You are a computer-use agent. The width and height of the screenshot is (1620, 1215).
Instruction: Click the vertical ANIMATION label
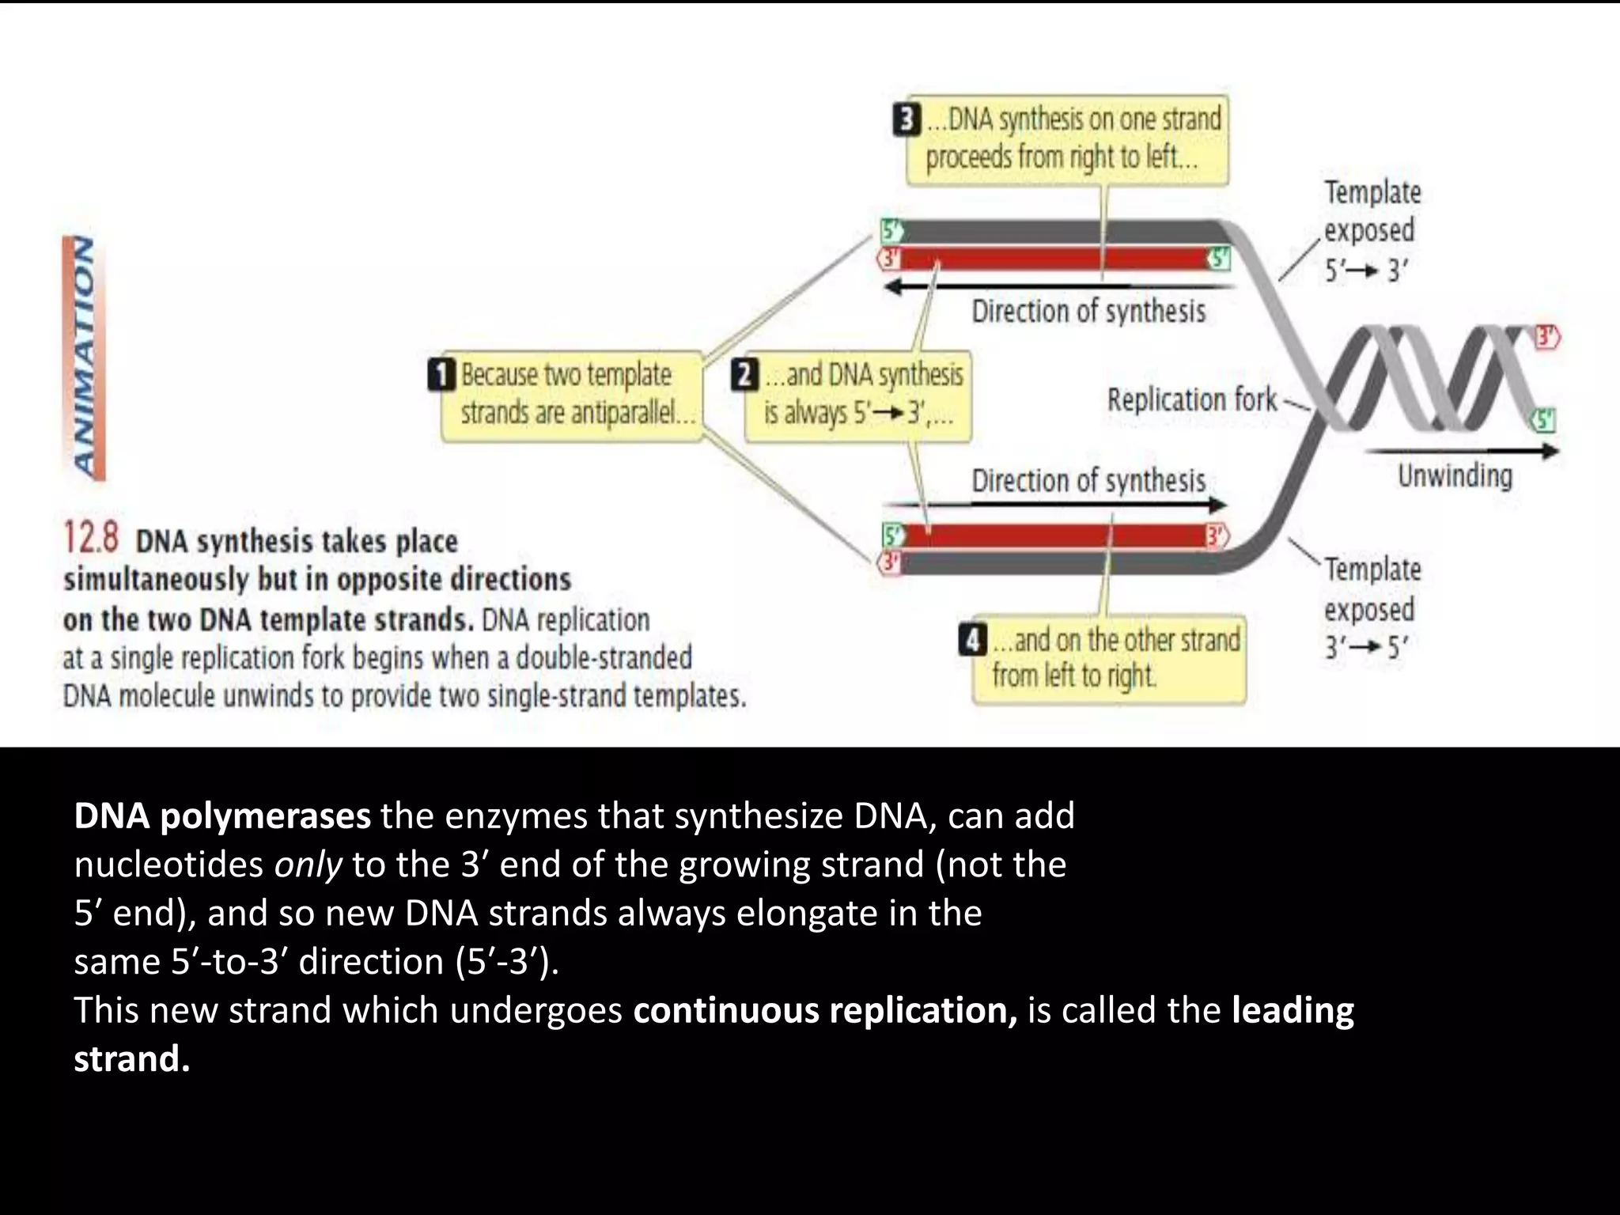[85, 358]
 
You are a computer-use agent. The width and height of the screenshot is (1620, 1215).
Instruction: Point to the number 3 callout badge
[907, 121]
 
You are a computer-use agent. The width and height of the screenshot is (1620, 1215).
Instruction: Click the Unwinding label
[1455, 476]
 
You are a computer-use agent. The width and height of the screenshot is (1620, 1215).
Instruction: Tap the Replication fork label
[1191, 400]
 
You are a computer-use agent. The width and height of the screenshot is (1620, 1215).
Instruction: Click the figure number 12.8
[91, 538]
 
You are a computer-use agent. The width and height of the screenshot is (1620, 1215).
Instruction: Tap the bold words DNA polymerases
[222, 816]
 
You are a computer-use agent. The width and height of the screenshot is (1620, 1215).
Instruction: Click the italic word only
[308, 865]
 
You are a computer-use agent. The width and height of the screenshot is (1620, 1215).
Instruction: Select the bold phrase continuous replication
[825, 1011]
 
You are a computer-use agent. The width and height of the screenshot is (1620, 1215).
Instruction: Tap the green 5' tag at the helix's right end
[1545, 420]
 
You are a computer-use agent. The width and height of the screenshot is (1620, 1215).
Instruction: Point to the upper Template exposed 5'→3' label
[1372, 231]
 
